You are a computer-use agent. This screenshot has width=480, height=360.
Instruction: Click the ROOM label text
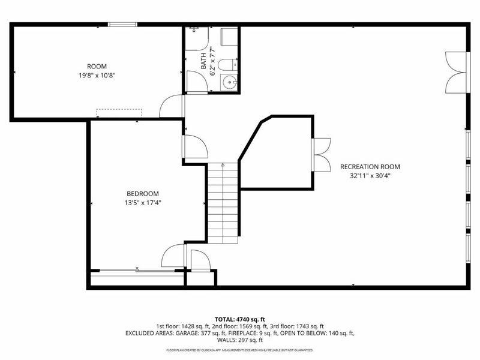[97, 67]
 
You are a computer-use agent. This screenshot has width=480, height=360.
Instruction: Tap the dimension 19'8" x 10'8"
[97, 76]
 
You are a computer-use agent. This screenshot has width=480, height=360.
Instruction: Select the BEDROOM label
[142, 193]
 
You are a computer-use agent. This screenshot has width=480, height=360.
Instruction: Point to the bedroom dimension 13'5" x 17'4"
[142, 202]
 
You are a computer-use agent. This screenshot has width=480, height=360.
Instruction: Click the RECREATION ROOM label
[370, 167]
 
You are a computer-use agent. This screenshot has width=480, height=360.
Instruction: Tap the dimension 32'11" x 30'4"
[370, 176]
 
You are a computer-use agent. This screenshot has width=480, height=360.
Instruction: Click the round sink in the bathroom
[229, 82]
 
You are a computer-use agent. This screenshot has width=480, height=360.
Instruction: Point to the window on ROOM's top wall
[122, 25]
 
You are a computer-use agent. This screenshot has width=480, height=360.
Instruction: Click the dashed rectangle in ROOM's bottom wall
[119, 113]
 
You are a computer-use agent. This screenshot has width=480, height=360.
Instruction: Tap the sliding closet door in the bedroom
[137, 271]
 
